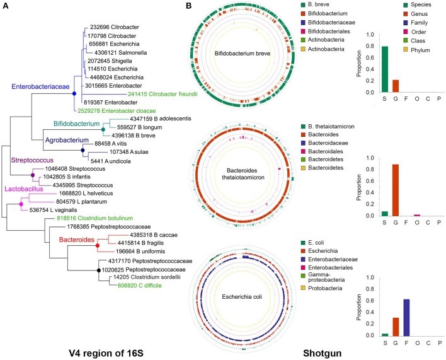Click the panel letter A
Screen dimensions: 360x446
[7, 6]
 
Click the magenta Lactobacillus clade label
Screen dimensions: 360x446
[26, 188]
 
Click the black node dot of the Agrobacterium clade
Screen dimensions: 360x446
[83, 151]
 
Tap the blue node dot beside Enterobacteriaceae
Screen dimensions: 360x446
[74, 93]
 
